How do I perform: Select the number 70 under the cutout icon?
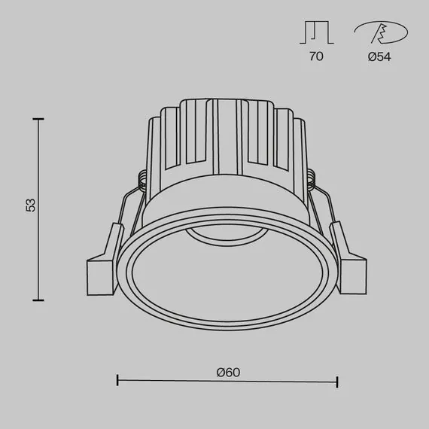coord(316,57)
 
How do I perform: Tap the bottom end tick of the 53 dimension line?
coord(38,300)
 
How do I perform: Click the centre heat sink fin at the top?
coord(227,128)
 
